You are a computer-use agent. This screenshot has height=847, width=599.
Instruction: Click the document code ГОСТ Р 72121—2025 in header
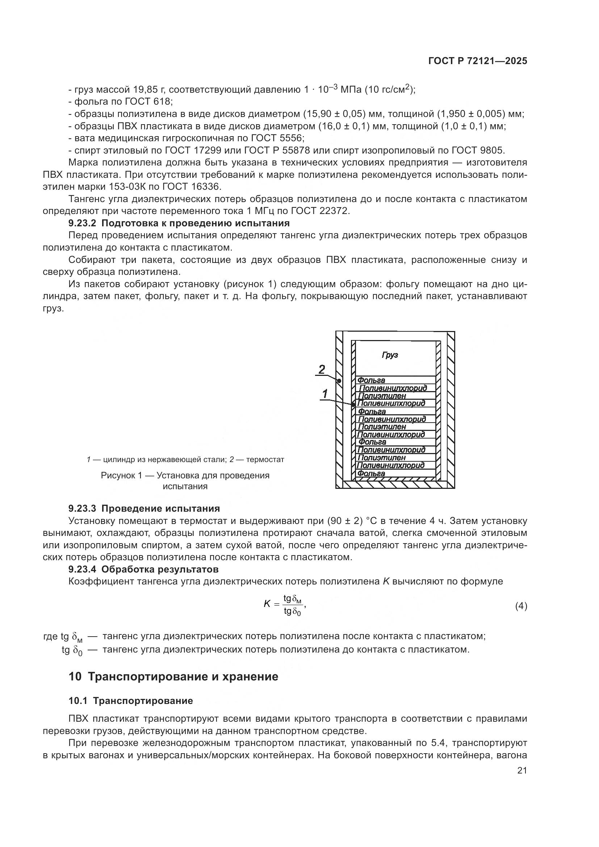pyautogui.click(x=478, y=61)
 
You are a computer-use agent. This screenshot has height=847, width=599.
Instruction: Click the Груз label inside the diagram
pyautogui.click(x=390, y=355)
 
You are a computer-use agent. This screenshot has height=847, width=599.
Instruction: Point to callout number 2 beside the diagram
pyautogui.click(x=322, y=369)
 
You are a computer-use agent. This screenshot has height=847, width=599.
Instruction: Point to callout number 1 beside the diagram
pyautogui.click(x=325, y=394)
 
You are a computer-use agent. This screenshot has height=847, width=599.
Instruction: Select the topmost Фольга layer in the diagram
pyautogui.click(x=372, y=380)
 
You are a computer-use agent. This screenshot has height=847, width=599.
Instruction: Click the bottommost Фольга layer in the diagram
pyautogui.click(x=372, y=473)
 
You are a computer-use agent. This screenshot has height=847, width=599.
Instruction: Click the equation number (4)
pyautogui.click(x=521, y=606)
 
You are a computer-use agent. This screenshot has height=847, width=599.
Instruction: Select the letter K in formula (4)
pyautogui.click(x=267, y=604)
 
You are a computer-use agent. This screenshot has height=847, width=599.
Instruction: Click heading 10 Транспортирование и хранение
pyautogui.click(x=173, y=677)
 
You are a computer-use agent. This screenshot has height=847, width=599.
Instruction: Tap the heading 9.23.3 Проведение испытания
pyautogui.click(x=144, y=508)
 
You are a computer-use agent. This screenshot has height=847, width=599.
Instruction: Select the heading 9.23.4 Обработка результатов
pyautogui.click(x=143, y=569)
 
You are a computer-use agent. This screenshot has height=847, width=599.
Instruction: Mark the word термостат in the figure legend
pyautogui.click(x=265, y=460)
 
